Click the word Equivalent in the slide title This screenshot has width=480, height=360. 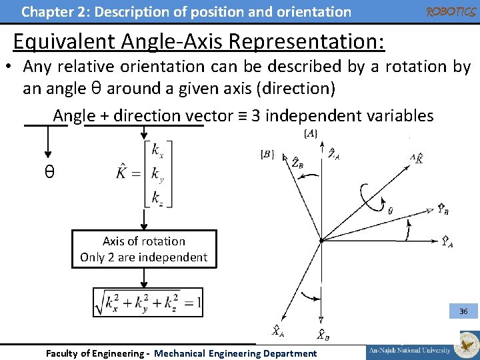[65, 41]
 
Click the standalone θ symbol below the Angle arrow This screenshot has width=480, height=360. [49, 172]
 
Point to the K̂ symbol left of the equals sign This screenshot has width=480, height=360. [123, 174]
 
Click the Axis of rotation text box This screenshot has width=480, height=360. [144, 249]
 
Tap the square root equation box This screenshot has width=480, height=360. [148, 303]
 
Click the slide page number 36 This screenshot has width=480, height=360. [463, 311]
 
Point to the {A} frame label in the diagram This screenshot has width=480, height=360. [311, 134]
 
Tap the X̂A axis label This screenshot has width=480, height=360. [278, 330]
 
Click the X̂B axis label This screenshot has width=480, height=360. [321, 334]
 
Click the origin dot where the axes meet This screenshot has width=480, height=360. [321, 240]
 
